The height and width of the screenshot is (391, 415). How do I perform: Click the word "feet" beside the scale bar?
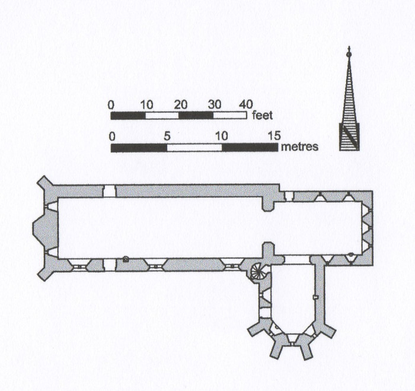point(262,116)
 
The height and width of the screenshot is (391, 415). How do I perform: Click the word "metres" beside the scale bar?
point(299,147)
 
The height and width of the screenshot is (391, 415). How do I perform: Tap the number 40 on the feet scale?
point(245,104)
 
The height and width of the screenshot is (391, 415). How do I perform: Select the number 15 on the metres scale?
point(274,136)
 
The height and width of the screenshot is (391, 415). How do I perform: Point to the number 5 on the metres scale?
point(167,136)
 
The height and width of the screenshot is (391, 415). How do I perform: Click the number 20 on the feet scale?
point(181,105)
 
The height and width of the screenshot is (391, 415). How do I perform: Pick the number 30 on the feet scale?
point(215,105)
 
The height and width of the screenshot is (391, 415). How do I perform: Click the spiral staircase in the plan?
point(257,272)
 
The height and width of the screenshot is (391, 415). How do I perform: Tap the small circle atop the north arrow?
point(349,55)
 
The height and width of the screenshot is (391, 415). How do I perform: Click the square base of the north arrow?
point(349,136)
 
